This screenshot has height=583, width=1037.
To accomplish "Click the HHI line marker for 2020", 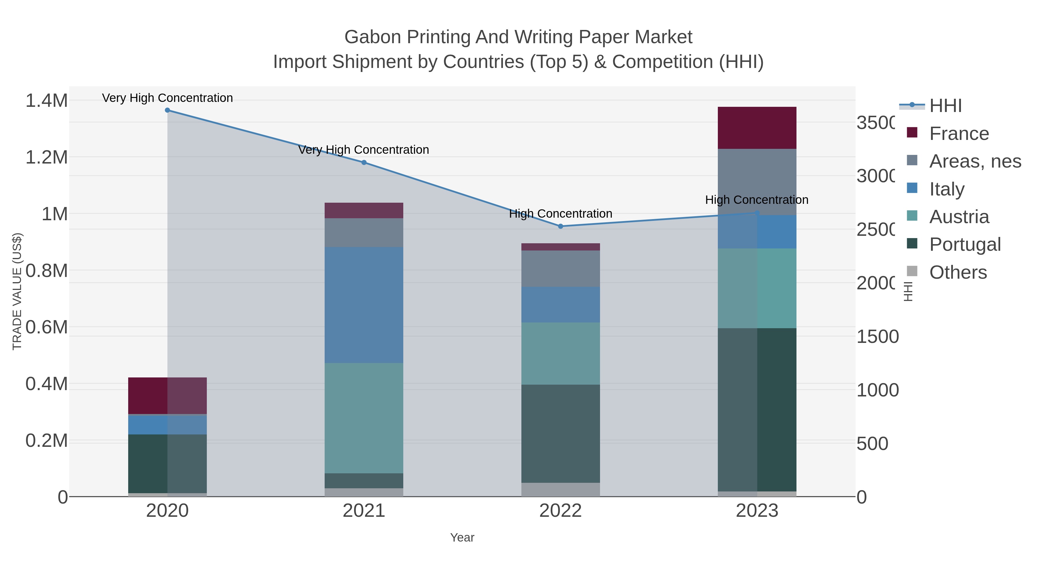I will tap(167, 110).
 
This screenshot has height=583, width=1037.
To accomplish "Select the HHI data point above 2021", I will tap(364, 163).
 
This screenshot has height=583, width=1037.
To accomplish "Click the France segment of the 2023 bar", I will tap(757, 128).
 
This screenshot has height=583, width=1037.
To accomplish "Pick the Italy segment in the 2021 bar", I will tap(364, 305).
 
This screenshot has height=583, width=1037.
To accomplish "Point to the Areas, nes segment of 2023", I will tap(757, 182).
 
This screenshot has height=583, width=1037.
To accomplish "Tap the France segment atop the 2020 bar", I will tap(167, 396).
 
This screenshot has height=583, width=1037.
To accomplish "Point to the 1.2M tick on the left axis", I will tap(47, 157).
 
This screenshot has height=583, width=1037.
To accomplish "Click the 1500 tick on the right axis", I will tap(877, 337).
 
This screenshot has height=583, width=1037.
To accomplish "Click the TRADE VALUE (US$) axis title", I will tap(17, 291).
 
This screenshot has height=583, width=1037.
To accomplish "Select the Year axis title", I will tap(462, 538).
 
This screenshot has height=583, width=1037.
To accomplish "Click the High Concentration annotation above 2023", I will tap(756, 200).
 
